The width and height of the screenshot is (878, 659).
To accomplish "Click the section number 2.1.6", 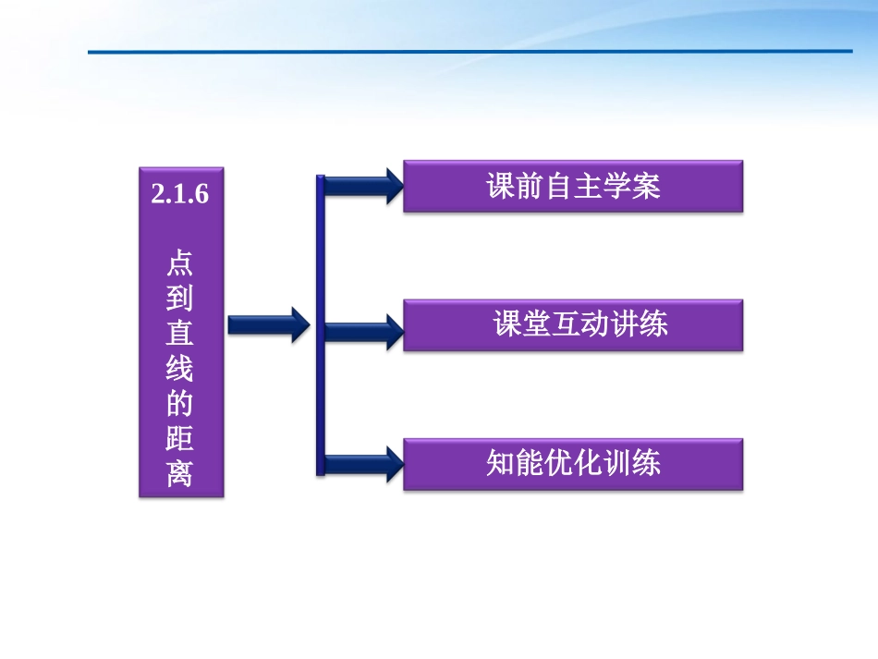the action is (180, 195).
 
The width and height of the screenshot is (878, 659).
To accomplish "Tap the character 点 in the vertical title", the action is (180, 264).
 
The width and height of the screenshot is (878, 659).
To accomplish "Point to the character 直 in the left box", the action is (180, 334).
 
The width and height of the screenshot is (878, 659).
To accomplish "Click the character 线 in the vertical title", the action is (180, 369).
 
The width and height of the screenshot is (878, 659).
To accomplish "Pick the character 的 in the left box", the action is (180, 404).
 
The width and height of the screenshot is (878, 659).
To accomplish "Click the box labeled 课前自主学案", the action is (573, 187).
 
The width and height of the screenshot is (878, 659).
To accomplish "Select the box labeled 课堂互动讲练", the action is (573, 324).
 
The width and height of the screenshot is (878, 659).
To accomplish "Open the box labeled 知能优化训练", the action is (573, 463).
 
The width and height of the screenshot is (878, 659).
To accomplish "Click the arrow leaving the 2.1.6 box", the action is (268, 324).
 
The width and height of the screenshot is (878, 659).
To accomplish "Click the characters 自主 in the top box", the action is (573, 187).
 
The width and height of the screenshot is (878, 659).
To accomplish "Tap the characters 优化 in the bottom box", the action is (573, 463).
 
